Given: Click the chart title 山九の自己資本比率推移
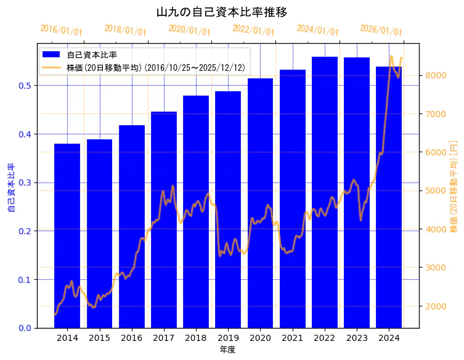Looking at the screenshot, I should click(222, 12).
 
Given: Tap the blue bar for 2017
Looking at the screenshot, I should click(164, 219).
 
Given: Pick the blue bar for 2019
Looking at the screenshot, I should click(228, 210).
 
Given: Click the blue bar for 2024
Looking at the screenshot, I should click(389, 197).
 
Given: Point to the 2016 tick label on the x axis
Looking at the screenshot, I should click(131, 338).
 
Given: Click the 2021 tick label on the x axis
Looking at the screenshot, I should click(293, 338).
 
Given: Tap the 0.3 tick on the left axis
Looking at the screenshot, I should click(25, 182).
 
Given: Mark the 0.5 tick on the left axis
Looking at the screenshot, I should click(25, 86).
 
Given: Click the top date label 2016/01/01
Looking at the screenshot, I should click(61, 30).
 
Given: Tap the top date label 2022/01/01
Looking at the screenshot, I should click(253, 30).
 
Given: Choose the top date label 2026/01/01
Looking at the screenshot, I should click(381, 30).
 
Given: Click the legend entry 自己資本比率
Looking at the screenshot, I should click(92, 55).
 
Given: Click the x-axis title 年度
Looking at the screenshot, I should click(227, 350).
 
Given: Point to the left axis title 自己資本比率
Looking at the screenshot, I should click(11, 187).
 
